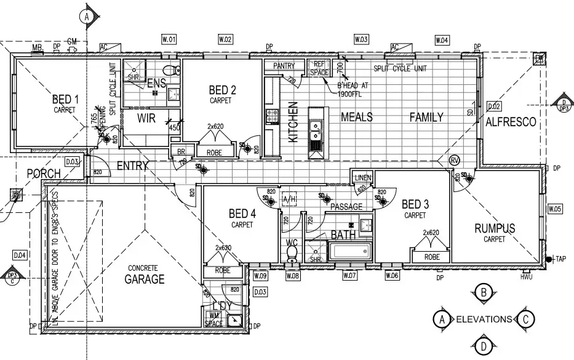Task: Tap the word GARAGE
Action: [x=145, y=279]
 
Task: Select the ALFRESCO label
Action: [x=511, y=122]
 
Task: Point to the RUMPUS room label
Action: [x=494, y=228]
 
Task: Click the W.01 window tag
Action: [x=169, y=40]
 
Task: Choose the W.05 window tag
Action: [x=554, y=209]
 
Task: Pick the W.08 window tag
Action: [x=293, y=276]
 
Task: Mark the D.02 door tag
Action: [x=493, y=106]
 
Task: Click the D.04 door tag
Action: [x=20, y=254]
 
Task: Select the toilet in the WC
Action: [x=292, y=254]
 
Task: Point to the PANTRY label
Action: [x=284, y=66]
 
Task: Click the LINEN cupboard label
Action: [x=362, y=178]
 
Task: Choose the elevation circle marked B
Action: [x=484, y=292]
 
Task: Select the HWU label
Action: [x=526, y=276]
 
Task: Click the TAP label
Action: [x=560, y=259]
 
